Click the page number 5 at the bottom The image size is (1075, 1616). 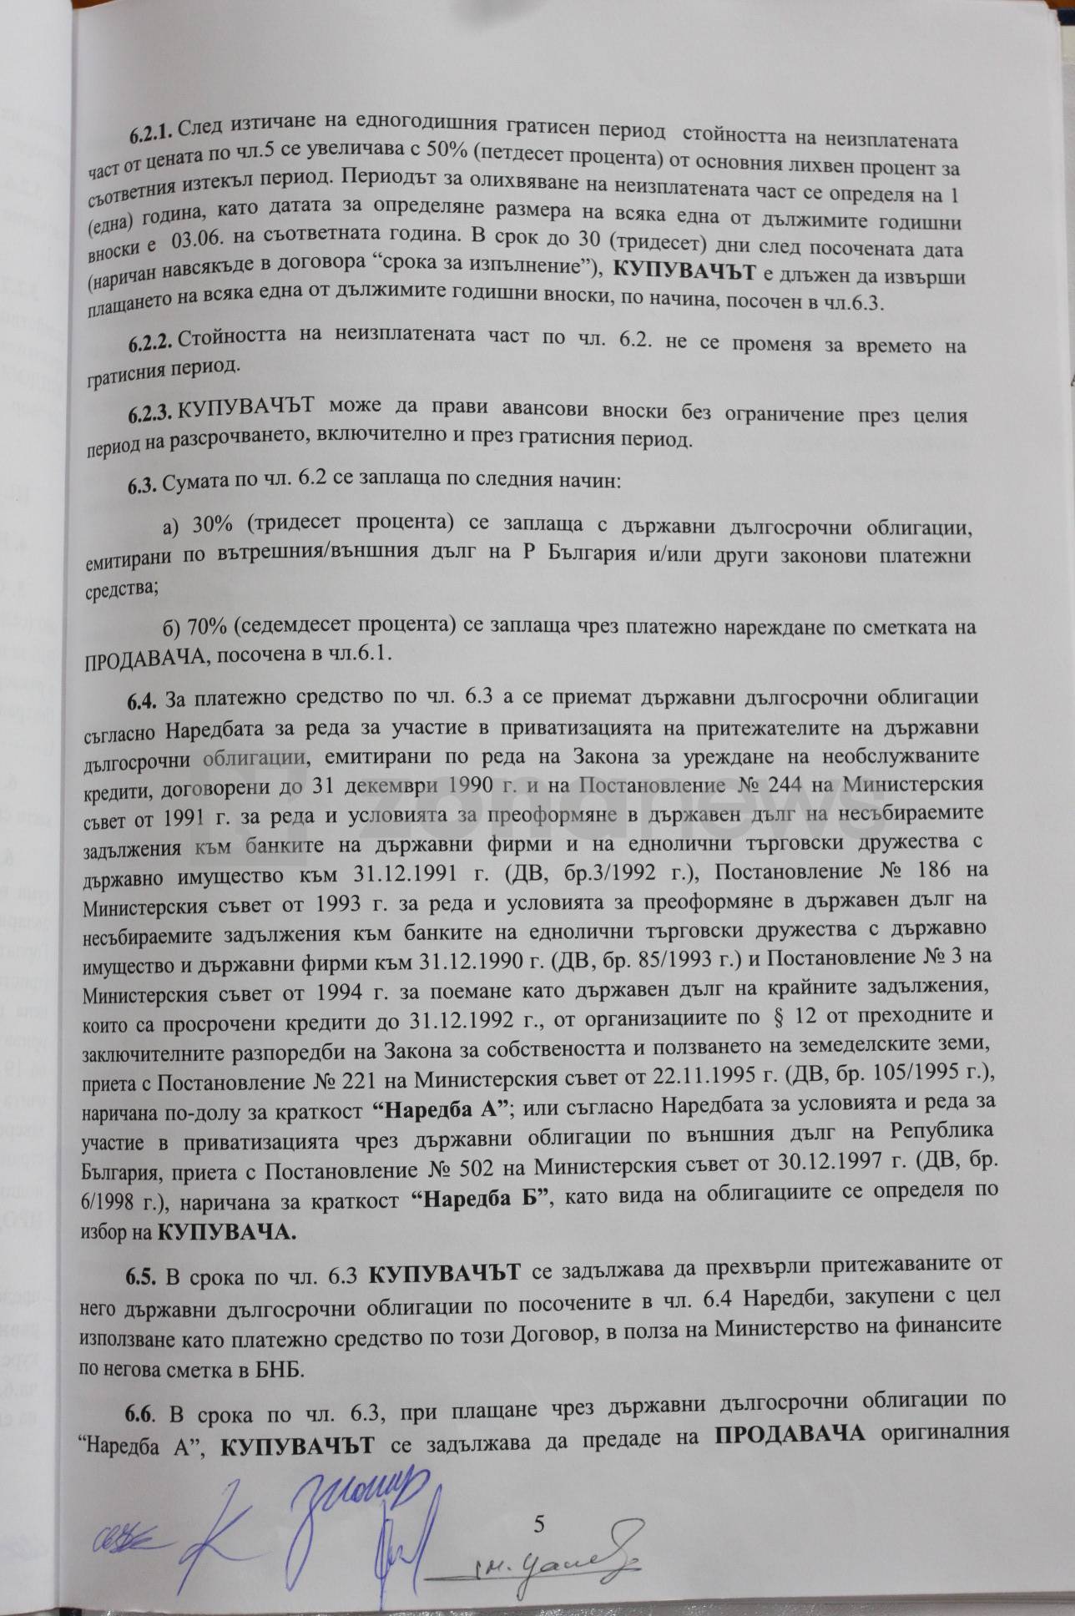point(538,1525)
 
